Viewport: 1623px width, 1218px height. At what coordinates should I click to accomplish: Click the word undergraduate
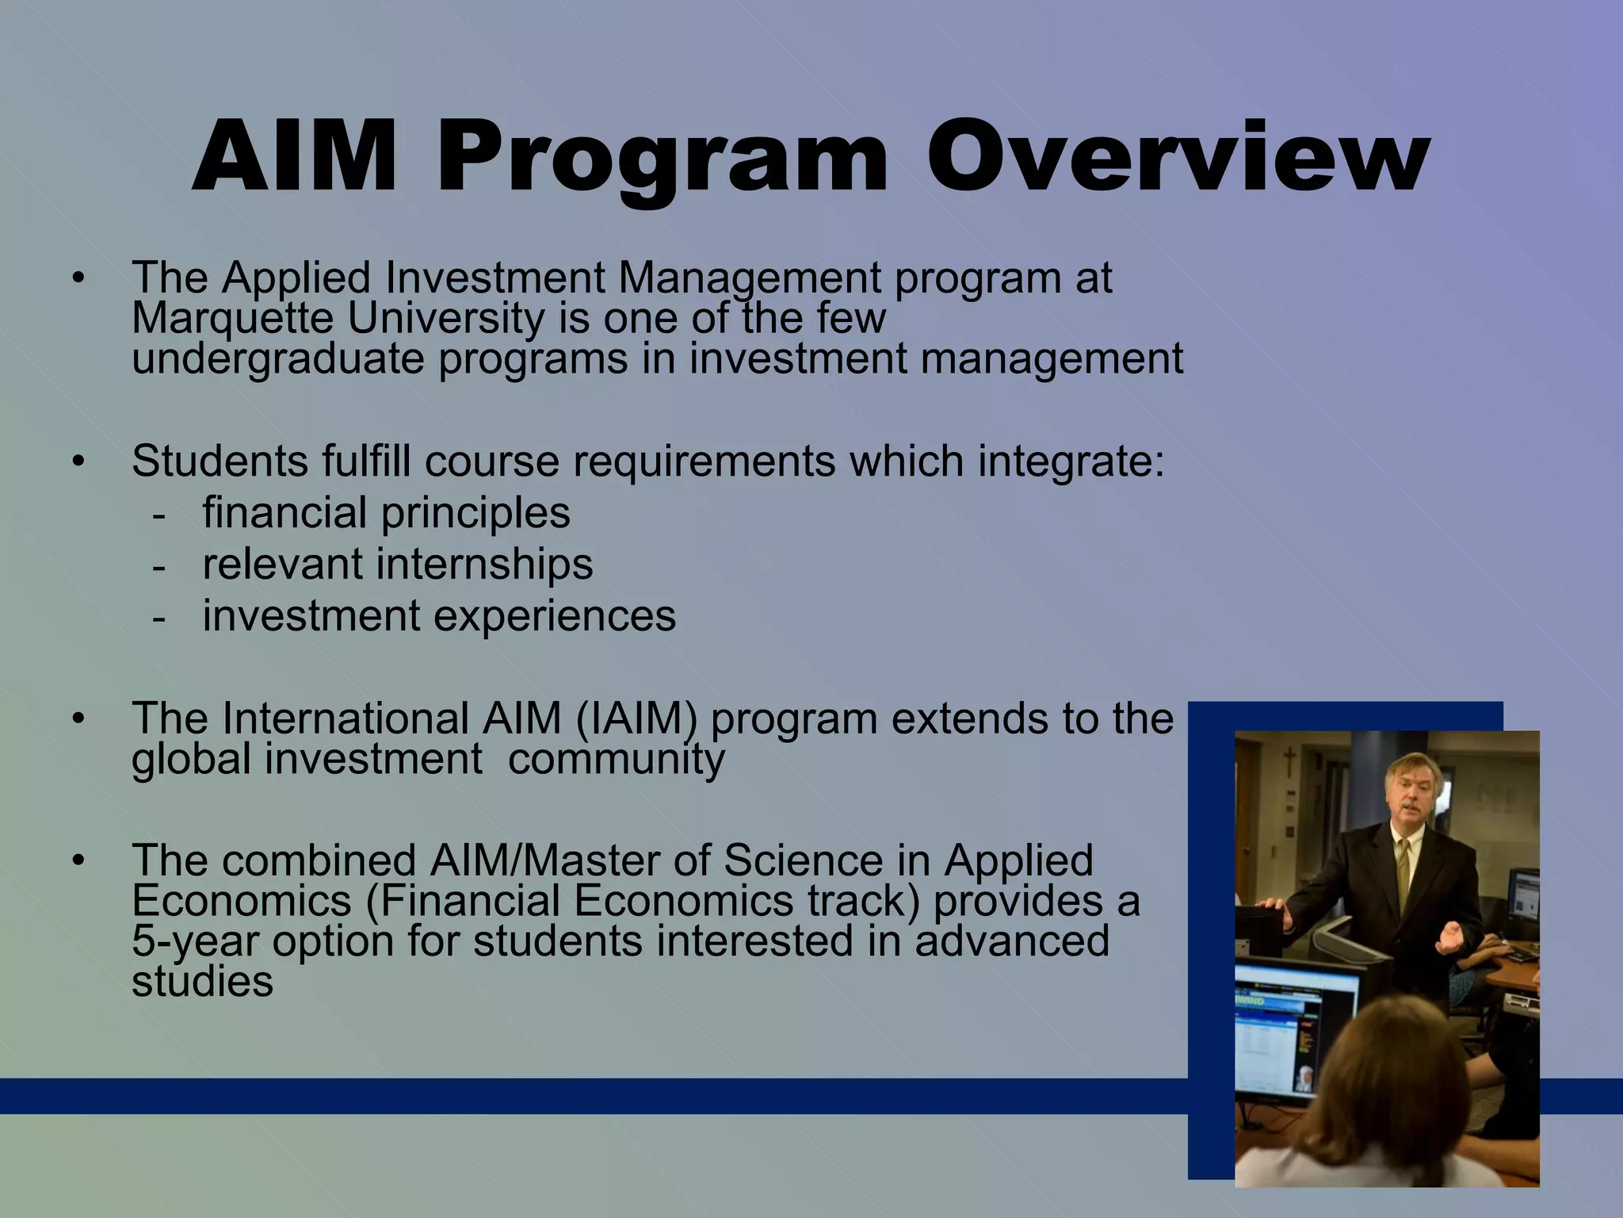click(278, 359)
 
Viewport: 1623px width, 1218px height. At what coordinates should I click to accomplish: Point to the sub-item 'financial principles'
click(386, 512)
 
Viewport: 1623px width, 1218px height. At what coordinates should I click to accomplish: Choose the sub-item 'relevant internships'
click(397, 564)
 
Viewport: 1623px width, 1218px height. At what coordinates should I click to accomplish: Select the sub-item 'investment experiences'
click(439, 615)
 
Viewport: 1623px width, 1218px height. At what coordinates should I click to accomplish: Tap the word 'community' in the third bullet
click(616, 759)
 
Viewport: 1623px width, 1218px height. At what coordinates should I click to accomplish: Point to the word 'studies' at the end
click(202, 982)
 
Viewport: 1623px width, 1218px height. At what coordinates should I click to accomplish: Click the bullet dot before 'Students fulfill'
click(77, 462)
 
